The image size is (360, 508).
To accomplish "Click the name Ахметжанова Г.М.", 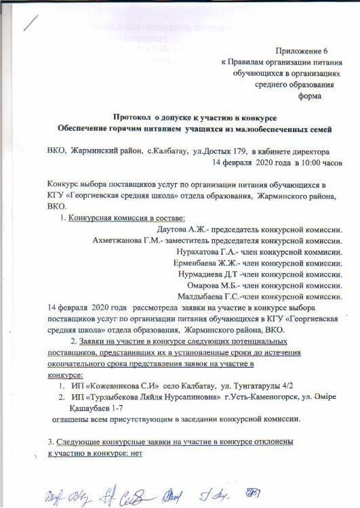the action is click(x=127, y=242).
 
